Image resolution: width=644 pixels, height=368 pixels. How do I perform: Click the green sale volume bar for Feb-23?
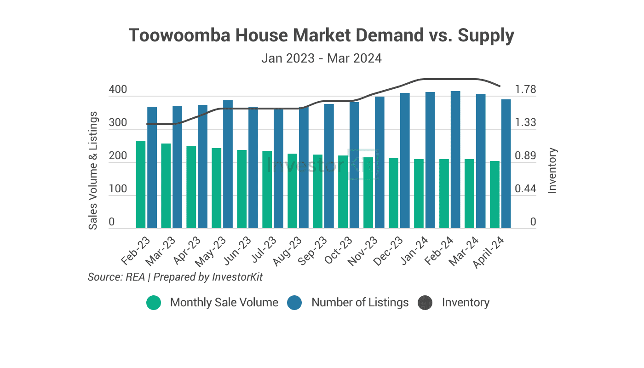pos(141,184)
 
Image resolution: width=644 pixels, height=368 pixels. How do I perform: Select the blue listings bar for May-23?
pos(228,164)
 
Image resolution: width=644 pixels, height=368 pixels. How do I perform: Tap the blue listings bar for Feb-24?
pos(455,160)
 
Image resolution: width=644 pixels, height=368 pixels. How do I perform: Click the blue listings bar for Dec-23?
pos(405,161)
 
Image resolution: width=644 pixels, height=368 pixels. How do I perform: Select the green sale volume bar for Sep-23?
pos(318,191)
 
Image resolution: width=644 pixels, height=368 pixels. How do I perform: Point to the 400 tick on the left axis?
pos(118,90)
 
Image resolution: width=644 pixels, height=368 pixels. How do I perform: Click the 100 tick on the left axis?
pos(118,189)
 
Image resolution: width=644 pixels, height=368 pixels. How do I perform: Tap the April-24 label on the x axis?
pos(490,252)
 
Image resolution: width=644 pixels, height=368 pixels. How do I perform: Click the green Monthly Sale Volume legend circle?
pos(154,303)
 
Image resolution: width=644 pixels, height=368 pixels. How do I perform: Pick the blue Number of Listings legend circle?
pos(294,303)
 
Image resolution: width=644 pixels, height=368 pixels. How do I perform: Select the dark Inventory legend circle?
pos(425,303)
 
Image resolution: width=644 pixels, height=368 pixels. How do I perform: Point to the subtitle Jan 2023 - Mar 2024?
pos(322,59)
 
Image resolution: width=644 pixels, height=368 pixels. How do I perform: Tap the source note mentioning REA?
pos(175,277)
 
